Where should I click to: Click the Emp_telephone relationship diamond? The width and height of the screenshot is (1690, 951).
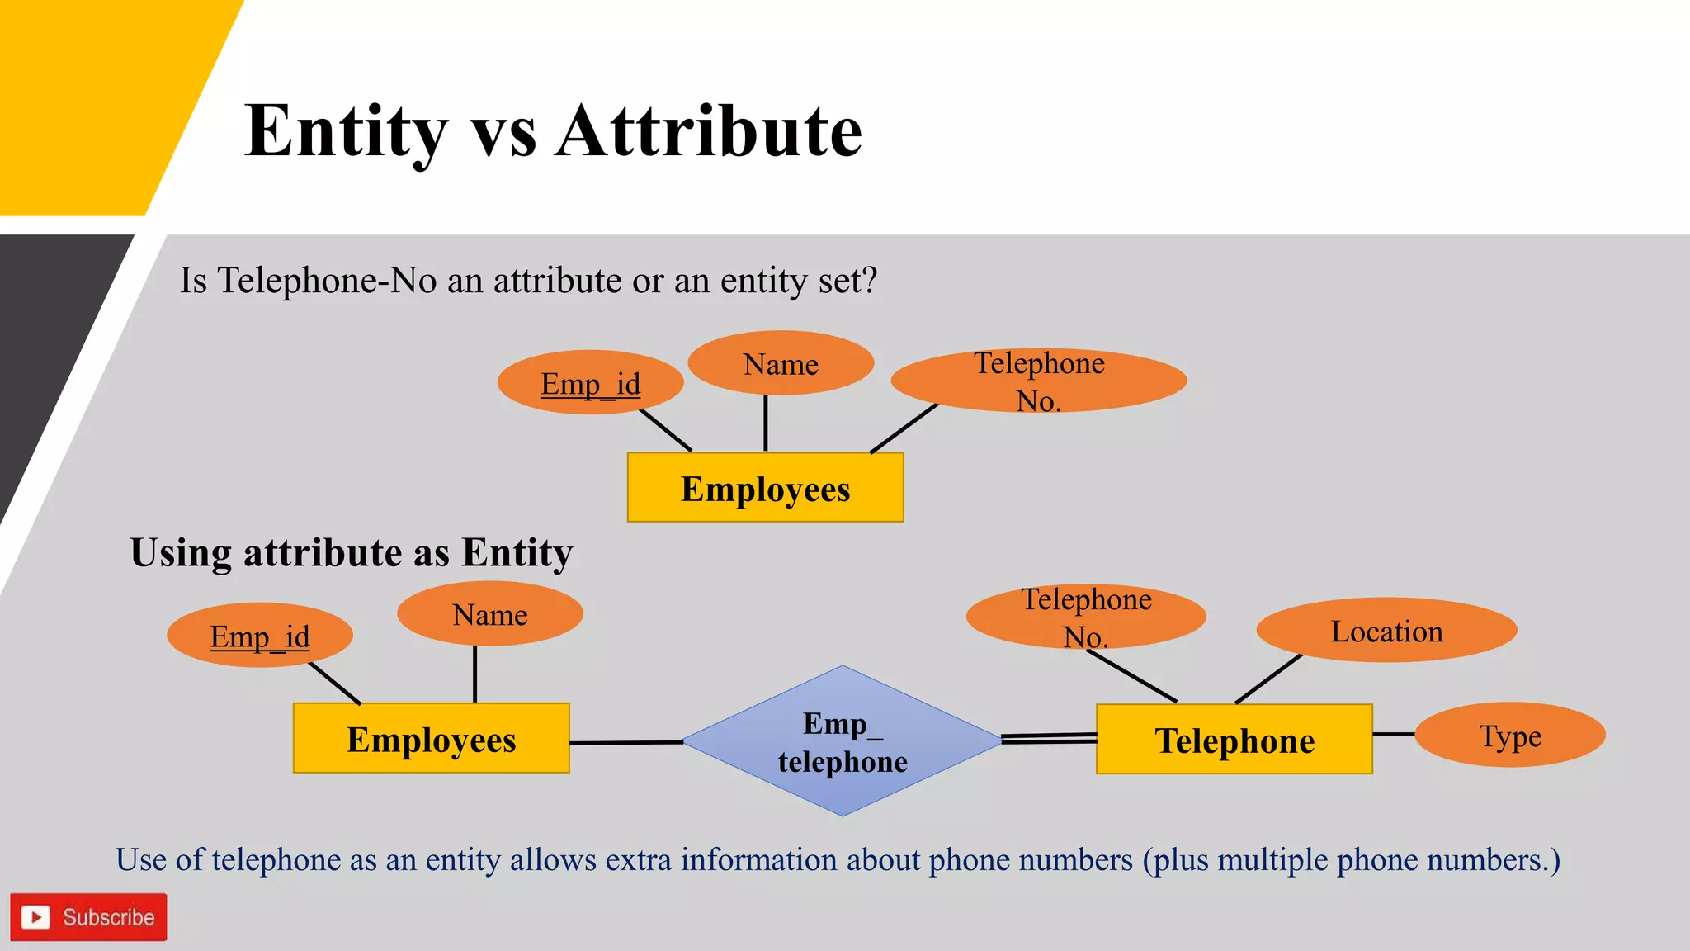[x=842, y=741]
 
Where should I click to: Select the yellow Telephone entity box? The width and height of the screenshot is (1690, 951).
[x=1234, y=740]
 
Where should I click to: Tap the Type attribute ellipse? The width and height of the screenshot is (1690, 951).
[x=1509, y=735]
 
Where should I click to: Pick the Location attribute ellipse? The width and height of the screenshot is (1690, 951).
[x=1386, y=631]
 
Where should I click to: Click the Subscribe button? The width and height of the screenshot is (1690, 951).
[x=88, y=917]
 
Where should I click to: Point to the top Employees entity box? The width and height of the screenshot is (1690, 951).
[x=765, y=488]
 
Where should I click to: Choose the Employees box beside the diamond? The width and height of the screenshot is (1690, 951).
[x=431, y=739]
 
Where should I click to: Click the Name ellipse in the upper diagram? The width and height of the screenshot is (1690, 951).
[x=781, y=363]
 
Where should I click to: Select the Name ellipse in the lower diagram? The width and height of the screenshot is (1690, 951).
[x=490, y=614]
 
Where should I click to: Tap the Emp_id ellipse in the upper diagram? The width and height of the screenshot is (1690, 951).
[x=590, y=383]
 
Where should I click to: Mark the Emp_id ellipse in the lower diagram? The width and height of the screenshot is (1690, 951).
[x=260, y=636]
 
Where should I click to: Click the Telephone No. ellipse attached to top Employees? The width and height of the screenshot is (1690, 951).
[x=1038, y=381]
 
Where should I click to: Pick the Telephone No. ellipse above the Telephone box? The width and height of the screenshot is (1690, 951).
[x=1086, y=617]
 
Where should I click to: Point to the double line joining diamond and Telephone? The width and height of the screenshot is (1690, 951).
[x=1049, y=738]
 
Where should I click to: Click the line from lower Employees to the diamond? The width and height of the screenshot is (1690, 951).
[x=625, y=743]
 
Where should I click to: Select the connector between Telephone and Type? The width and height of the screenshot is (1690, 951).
[x=1394, y=734]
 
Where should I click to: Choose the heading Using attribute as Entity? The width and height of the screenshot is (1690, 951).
[x=351, y=552]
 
